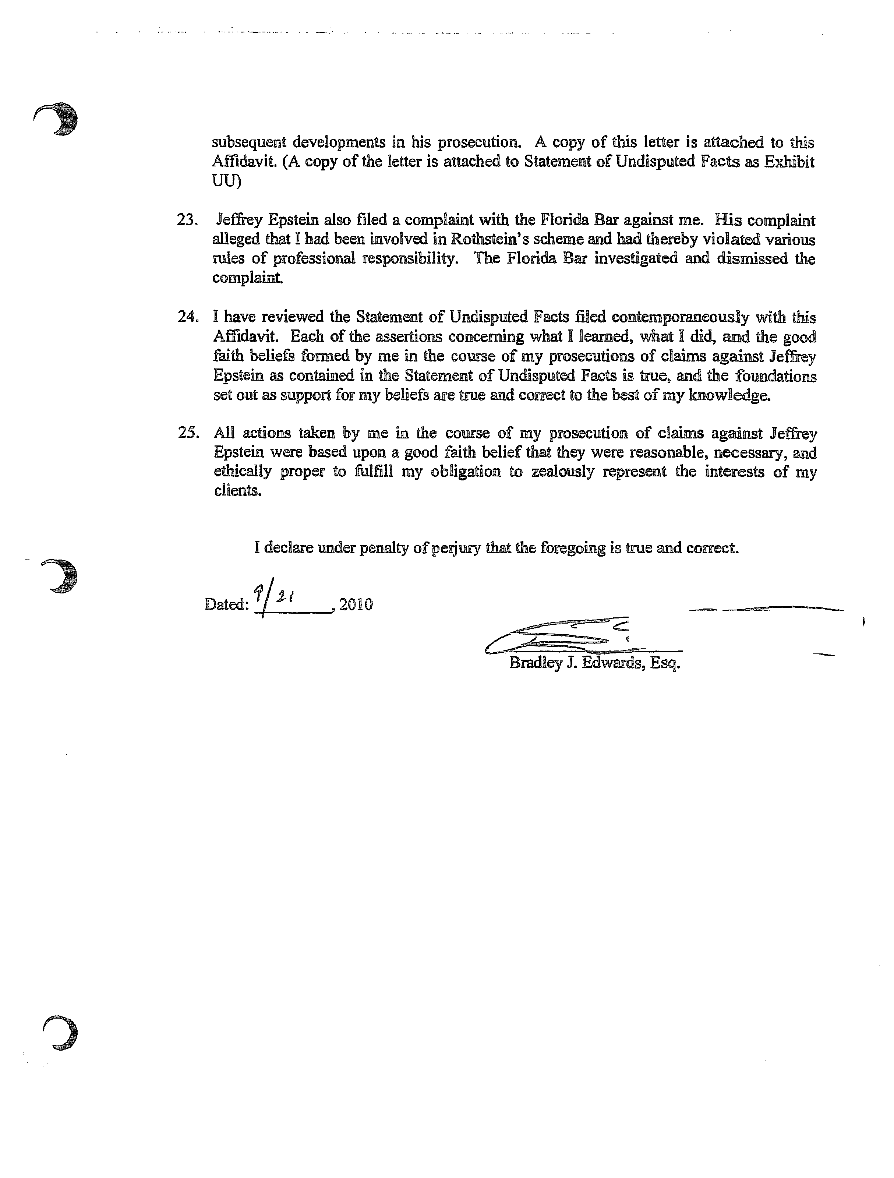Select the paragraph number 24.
coord(188,317)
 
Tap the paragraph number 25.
coord(188,433)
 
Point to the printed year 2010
coord(356,604)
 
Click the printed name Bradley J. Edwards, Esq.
coord(594,664)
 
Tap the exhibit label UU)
coord(226,181)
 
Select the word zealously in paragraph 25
coord(562,472)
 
